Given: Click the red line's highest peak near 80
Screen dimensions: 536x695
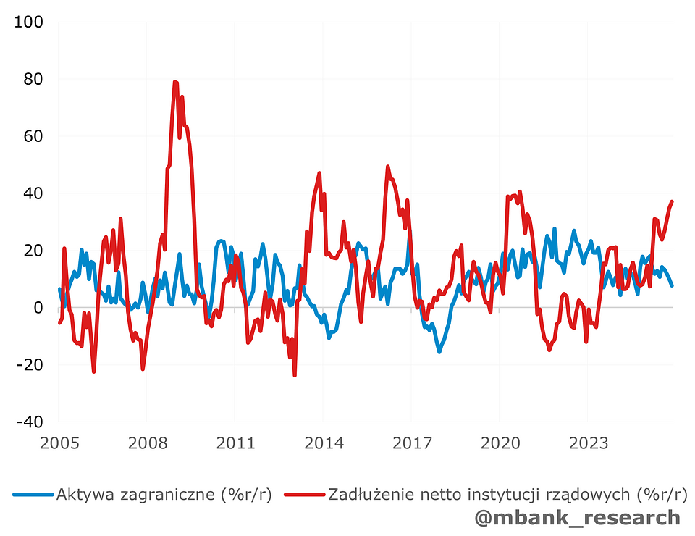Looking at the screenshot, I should tap(175, 82).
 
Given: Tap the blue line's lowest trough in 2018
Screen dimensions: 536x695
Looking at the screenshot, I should tap(439, 351).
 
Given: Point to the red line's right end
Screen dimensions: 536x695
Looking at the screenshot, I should tap(672, 201).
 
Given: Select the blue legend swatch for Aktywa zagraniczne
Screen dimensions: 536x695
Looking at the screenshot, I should tap(33, 495).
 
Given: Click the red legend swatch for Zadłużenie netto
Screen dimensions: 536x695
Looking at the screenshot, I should tap(305, 495).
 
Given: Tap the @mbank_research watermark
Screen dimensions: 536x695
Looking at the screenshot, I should tap(577, 517).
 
